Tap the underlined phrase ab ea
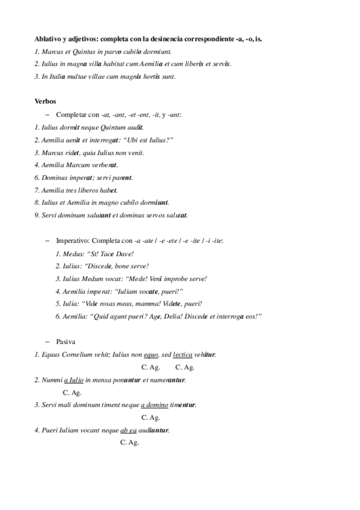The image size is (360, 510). point(129,430)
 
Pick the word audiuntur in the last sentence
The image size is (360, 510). point(154,430)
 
